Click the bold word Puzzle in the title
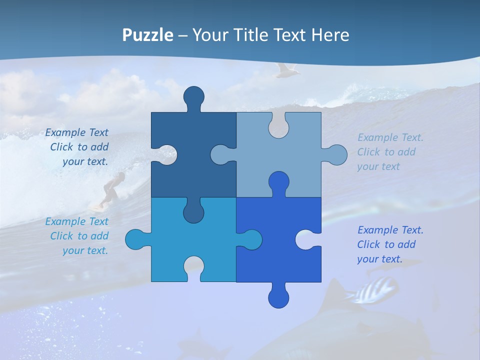pyautogui.click(x=148, y=35)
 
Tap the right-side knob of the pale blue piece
pyautogui.click(x=336, y=155)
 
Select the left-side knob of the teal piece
pyautogui.click(x=135, y=239)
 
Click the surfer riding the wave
pyautogui.click(x=111, y=189)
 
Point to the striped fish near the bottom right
pyautogui.click(x=374, y=291)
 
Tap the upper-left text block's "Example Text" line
pyautogui.click(x=76, y=132)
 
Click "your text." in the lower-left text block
pyautogui.click(x=85, y=250)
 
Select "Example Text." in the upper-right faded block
pyautogui.click(x=390, y=137)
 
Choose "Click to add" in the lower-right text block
pyautogui.click(x=386, y=244)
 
